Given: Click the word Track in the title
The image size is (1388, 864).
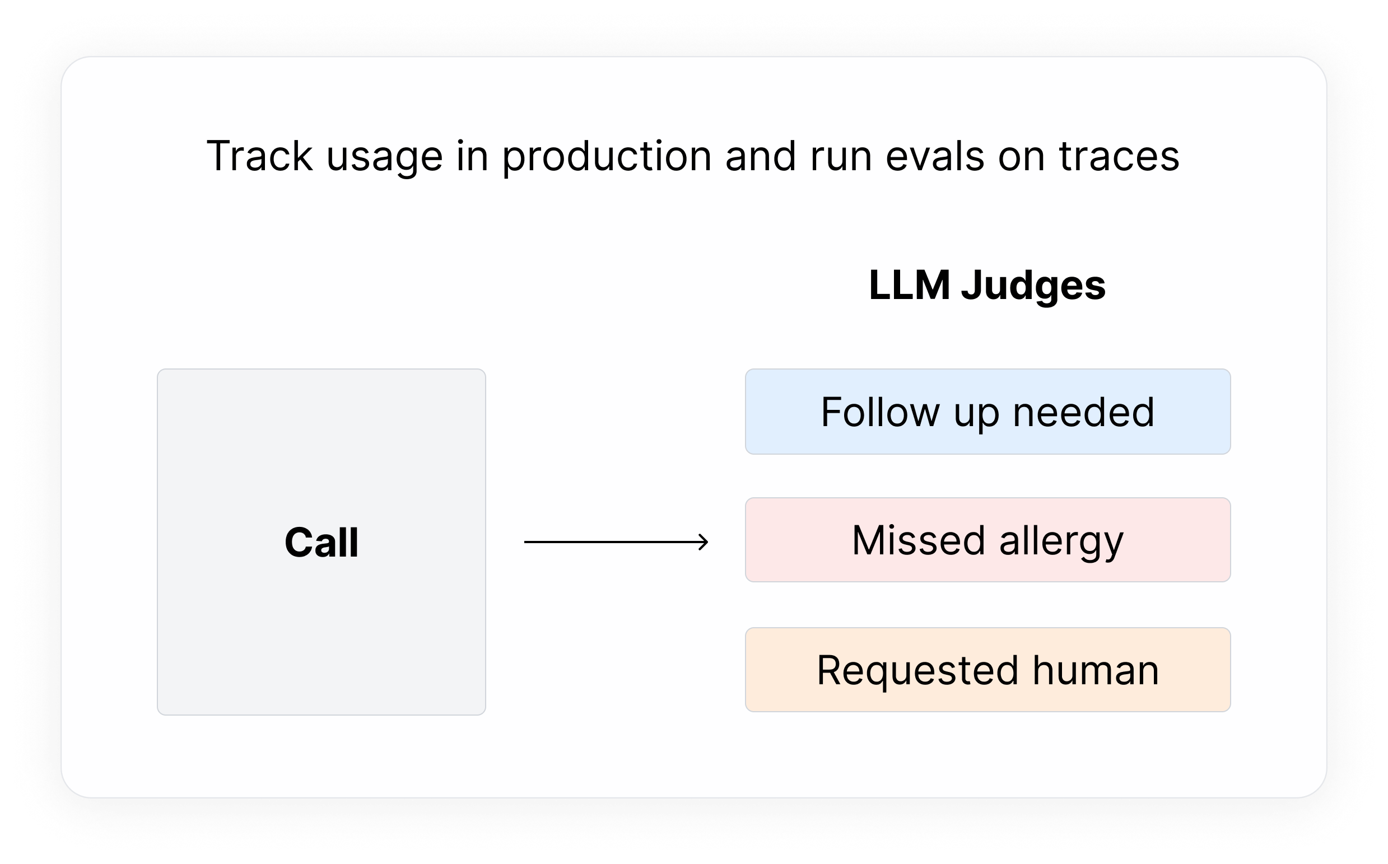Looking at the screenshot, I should [259, 156].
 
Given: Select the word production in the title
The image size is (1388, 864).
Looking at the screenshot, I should [606, 156].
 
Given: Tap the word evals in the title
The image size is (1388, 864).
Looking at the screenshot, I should [934, 156].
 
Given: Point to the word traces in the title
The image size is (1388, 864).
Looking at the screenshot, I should [1119, 156].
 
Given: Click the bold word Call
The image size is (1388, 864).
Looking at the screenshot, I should [321, 542].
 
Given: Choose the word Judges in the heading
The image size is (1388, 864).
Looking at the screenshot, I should [1033, 286].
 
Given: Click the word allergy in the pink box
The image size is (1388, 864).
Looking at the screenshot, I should [1061, 541].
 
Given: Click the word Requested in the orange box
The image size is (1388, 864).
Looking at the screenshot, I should [917, 671].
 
